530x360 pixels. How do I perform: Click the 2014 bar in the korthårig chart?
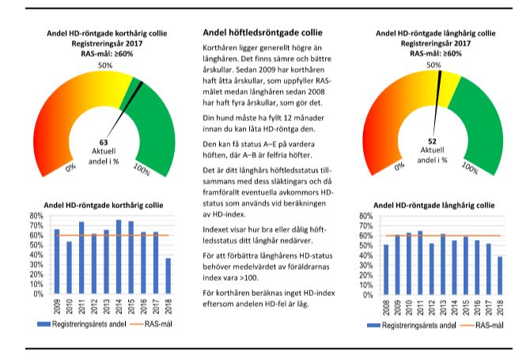tap(119, 256)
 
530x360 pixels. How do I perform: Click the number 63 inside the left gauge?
tap(104, 143)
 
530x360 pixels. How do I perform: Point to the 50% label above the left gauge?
tap(104, 65)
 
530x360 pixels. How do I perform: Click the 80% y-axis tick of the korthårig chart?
tap(35, 215)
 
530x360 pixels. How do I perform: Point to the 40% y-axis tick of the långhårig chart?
tap(364, 254)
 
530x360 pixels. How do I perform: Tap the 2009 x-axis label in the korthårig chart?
tap(56, 305)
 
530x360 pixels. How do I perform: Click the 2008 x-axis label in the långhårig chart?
tap(386, 305)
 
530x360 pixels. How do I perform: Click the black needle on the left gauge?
tap(128, 97)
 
